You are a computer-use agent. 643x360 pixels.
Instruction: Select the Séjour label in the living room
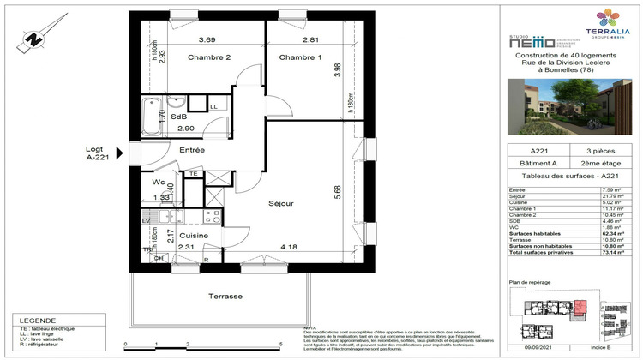(x=280, y=204)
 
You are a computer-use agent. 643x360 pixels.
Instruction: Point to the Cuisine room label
(x=195, y=234)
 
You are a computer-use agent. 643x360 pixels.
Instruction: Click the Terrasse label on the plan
(x=225, y=296)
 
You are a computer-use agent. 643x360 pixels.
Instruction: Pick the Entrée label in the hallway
(x=191, y=150)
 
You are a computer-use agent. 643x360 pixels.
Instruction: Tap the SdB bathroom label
(x=178, y=117)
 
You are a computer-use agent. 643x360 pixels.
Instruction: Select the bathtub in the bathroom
(x=153, y=117)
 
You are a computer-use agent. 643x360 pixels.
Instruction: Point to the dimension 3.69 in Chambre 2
(x=207, y=40)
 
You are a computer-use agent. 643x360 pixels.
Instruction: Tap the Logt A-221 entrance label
(x=99, y=153)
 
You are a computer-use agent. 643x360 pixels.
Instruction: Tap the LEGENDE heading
(x=30, y=319)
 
